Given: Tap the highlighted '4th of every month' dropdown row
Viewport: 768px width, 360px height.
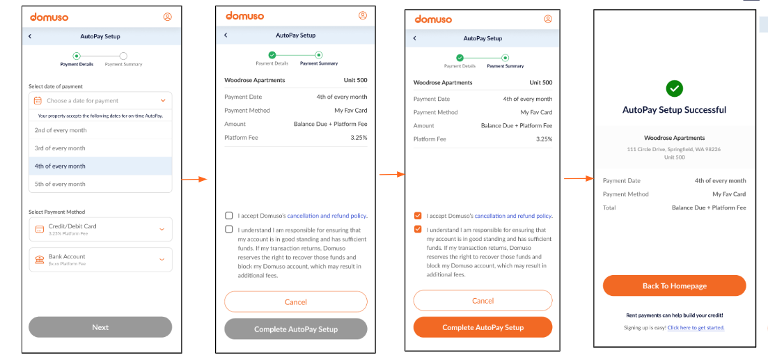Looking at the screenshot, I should [100, 166].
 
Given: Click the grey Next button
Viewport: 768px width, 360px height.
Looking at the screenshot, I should [100, 327].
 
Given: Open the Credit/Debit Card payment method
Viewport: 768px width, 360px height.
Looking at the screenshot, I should [100, 229].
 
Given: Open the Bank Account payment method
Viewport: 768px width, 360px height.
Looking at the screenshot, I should [100, 260].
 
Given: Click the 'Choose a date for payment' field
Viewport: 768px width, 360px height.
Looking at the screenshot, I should [100, 101].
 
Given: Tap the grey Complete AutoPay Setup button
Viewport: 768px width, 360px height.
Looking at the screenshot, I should [295, 329].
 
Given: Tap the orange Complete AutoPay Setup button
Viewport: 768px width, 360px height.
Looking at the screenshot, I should [483, 327].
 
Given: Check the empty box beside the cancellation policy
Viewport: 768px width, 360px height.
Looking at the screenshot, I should [229, 216].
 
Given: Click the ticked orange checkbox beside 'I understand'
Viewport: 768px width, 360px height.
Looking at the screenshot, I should [418, 229].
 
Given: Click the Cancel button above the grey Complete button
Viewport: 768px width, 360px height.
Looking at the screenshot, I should [295, 302].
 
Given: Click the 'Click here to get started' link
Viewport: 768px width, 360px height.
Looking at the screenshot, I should [696, 327].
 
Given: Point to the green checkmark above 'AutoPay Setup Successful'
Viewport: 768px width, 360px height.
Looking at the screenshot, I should [674, 88].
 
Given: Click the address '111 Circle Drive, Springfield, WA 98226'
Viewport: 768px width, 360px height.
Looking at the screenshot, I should [674, 149].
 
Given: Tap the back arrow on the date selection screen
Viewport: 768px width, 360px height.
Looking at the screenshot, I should [30, 36].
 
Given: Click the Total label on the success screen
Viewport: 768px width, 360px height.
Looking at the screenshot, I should [610, 208].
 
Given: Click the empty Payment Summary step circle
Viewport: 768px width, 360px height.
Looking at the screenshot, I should [123, 56].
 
